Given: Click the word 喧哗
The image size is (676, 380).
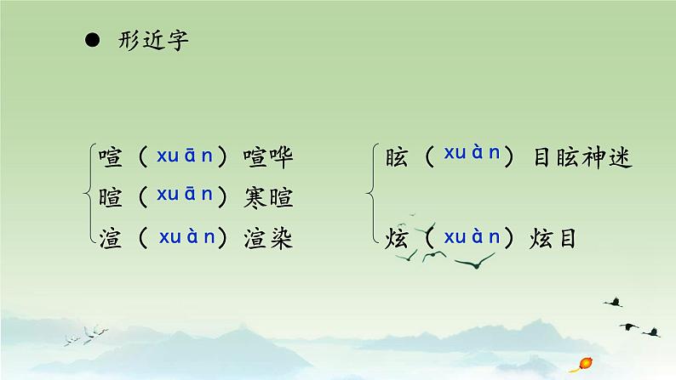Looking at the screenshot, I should tap(267, 157).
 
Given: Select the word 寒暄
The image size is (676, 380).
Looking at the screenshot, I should tap(267, 198).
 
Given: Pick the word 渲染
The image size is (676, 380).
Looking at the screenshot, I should tap(267, 239).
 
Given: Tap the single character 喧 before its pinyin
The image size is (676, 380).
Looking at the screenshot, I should tap(111, 157).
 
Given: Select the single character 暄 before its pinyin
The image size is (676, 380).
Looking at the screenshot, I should tap(111, 198).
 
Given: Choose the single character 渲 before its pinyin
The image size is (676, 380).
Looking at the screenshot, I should tap(111, 239).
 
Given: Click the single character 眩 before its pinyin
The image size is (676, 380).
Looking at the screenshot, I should tap(397, 157).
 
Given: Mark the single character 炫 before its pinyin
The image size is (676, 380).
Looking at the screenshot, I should tap(397, 239).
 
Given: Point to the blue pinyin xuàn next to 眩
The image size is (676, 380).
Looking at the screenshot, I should tap(472, 153).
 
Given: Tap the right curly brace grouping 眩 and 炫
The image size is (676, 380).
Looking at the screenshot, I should tap(375, 198).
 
